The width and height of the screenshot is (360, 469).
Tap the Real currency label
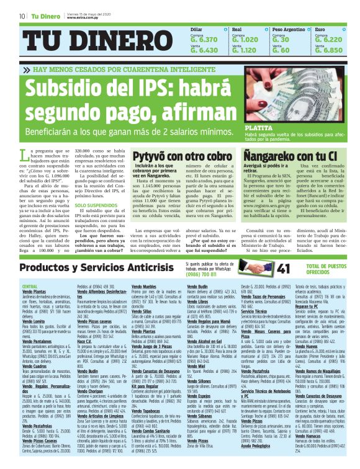point(236,29)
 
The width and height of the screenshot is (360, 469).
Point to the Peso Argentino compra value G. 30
point(281,39)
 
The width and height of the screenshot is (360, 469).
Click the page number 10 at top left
point(21,16)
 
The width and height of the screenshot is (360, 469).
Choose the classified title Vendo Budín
point(197,286)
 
